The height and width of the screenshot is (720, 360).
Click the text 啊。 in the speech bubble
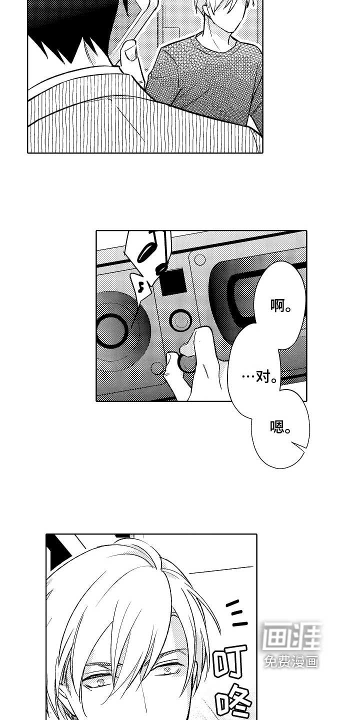280,305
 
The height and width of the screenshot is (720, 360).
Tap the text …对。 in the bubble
260,376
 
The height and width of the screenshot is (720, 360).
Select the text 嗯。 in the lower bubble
280,427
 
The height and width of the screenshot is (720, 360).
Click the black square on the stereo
172,282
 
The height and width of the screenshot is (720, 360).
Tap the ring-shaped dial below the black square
179,320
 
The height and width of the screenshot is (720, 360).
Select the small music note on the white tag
140,286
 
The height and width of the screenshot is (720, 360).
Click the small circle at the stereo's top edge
200,259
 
